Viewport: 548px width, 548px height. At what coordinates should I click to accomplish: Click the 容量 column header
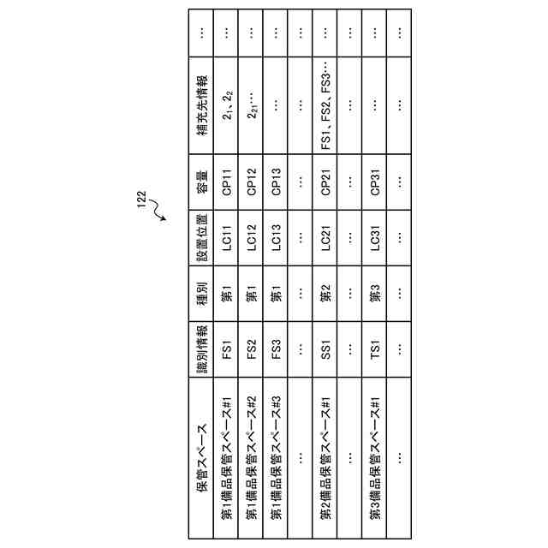(x=203, y=181)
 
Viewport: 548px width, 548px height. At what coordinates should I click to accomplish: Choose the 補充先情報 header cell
(x=203, y=107)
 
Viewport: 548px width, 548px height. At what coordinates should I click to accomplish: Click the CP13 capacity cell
(x=277, y=181)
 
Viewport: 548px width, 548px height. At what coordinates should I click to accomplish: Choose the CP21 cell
(x=326, y=181)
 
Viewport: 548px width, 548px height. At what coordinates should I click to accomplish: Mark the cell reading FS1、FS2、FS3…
(x=326, y=107)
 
